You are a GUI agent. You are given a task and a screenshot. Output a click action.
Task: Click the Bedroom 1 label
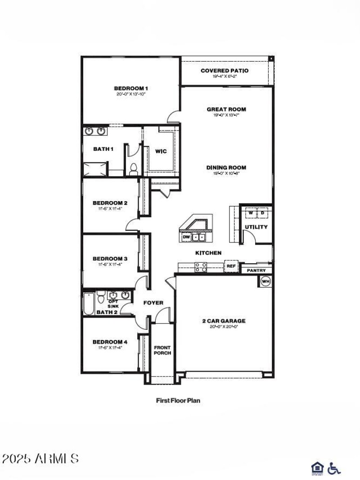coord(130,88)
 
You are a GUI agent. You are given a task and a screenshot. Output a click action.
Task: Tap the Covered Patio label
coord(225,71)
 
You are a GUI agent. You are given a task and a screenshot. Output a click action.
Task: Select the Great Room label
coord(226,109)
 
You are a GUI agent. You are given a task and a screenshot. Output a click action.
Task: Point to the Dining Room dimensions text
coord(226,173)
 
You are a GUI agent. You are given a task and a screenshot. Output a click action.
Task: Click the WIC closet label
coord(161,151)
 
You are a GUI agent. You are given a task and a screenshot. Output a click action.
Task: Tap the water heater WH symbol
coord(265,281)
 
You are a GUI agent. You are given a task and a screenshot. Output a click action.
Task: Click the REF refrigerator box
coord(231,266)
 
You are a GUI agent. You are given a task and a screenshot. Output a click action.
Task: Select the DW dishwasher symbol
coord(186,237)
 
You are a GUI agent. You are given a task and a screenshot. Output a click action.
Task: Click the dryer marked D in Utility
coord(263,212)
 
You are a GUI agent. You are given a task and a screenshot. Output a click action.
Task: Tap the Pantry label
coord(256,270)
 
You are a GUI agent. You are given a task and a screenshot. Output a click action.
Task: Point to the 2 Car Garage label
coord(224,321)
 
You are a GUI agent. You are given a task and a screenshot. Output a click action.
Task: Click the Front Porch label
coord(162,350)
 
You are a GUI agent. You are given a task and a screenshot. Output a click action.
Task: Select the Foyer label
coord(153,303)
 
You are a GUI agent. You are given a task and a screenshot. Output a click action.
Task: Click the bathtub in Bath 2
coord(89,304)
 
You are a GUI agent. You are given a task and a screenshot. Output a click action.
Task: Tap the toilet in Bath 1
coord(133,169)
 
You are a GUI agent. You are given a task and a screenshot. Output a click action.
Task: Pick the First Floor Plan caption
coord(178,400)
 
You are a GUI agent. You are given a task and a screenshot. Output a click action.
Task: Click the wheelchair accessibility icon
coord(334,468)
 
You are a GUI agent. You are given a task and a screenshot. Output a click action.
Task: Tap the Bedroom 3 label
coord(110,259)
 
